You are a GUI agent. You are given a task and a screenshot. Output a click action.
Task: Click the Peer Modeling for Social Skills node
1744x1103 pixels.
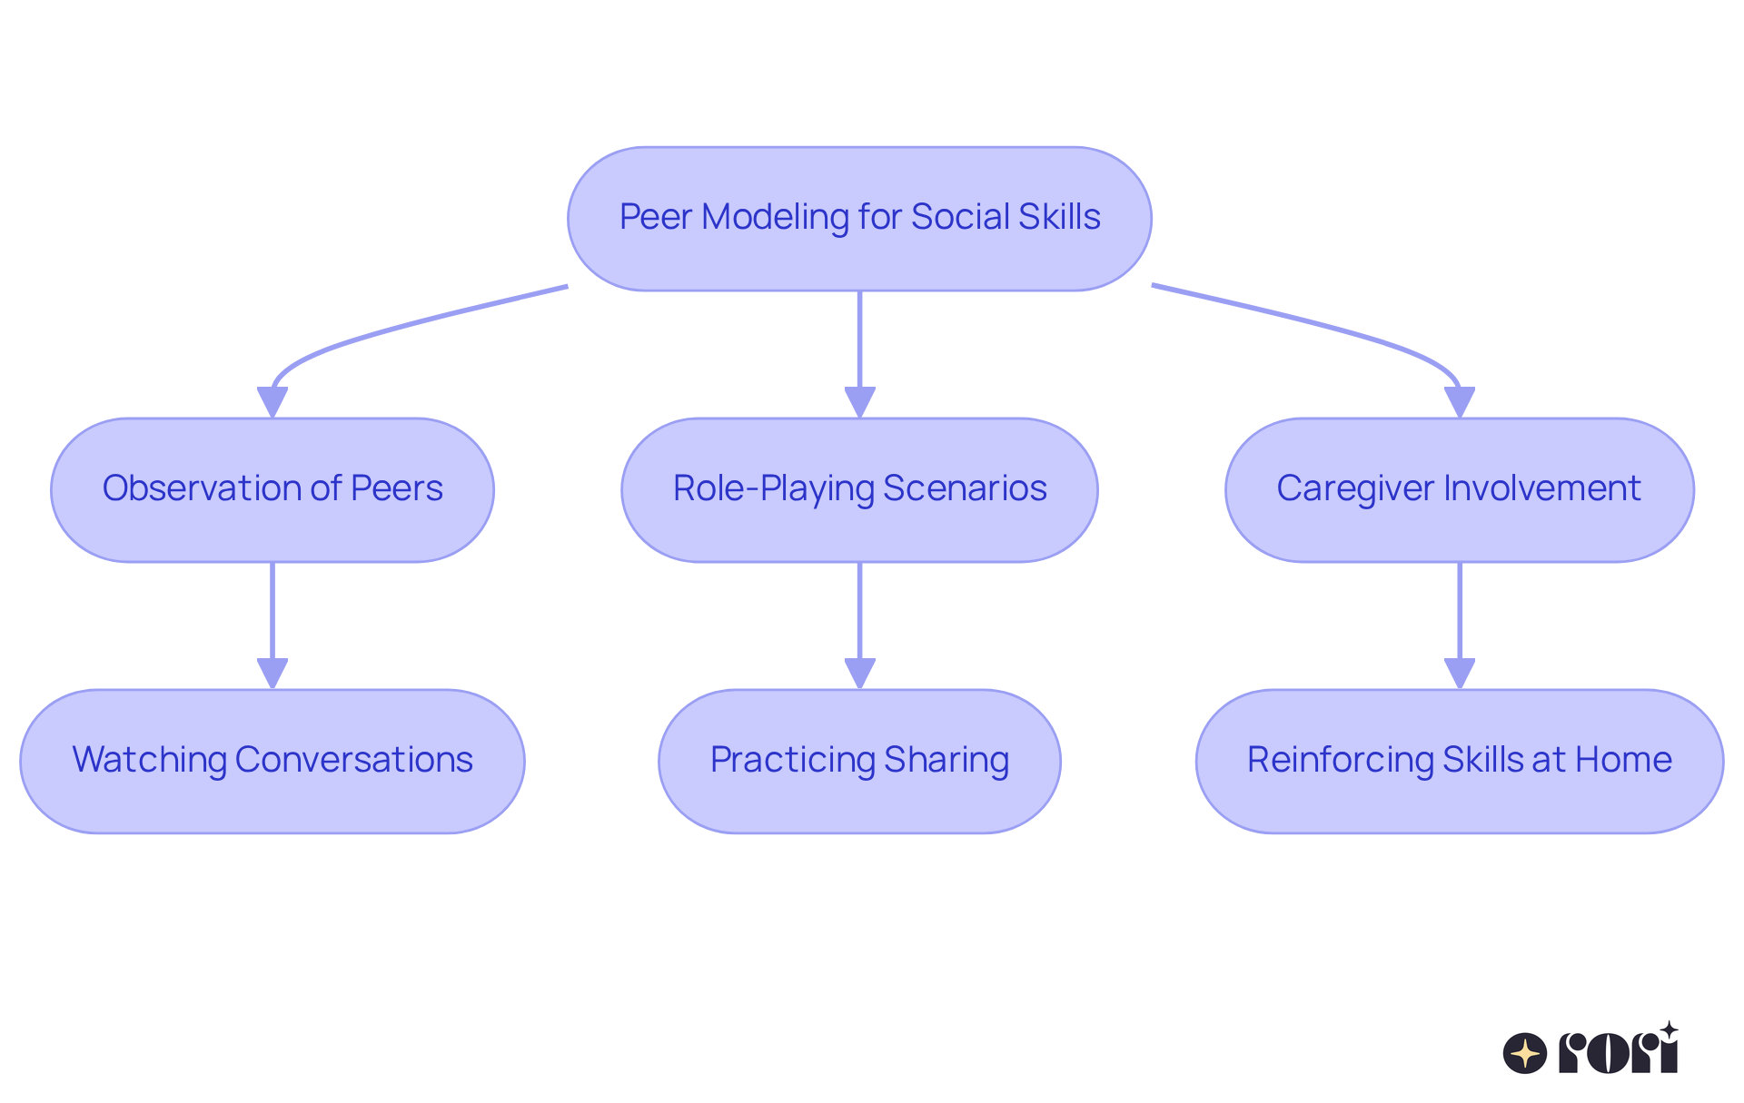click(x=859, y=218)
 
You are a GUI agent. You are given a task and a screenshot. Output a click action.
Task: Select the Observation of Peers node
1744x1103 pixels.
click(x=272, y=489)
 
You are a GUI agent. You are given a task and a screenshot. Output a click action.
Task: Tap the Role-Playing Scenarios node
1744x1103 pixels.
click(x=859, y=489)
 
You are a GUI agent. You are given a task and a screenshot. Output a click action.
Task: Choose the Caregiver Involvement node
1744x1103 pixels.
click(x=1459, y=489)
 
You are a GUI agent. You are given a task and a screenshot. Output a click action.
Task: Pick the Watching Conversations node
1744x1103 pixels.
click(x=272, y=761)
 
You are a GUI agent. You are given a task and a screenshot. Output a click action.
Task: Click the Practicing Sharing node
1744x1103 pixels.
click(x=859, y=761)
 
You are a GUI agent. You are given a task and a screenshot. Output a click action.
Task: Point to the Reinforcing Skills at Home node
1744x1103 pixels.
click(x=1459, y=761)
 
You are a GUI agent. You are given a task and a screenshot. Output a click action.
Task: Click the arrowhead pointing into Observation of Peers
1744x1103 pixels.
click(x=272, y=401)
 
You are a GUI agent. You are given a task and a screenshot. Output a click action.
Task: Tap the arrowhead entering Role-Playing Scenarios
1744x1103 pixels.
click(x=859, y=401)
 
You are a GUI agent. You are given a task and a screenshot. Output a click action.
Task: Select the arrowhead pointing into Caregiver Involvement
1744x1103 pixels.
click(x=1459, y=401)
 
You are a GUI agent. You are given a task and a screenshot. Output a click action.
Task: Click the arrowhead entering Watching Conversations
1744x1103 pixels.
click(x=272, y=673)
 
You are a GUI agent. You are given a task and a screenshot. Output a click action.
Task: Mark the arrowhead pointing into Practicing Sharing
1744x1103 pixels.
click(x=859, y=673)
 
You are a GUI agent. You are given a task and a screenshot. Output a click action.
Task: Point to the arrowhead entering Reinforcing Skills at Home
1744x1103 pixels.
click(x=1459, y=673)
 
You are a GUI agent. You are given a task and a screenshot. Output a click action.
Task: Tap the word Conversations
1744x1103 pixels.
click(x=353, y=760)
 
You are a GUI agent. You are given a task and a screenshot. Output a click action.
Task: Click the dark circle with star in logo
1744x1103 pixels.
click(x=1525, y=1053)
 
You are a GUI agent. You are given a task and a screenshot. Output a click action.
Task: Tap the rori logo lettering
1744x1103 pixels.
click(x=1619, y=1051)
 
